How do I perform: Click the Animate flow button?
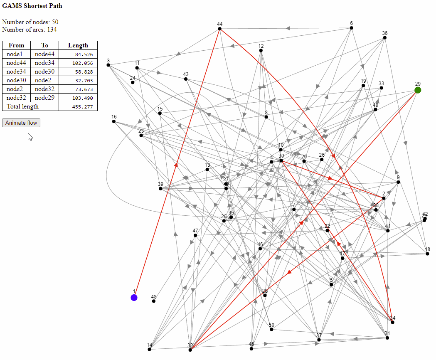click(x=21, y=123)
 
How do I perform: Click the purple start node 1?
click(x=134, y=297)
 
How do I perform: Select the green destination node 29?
click(x=418, y=90)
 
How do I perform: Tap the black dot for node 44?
click(x=219, y=29)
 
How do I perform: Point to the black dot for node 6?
click(x=351, y=28)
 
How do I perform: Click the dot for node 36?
click(x=385, y=38)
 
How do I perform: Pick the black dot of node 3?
click(x=108, y=65)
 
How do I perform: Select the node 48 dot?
click(x=154, y=301)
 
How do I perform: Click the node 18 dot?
click(x=427, y=254)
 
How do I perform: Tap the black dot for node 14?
click(x=149, y=349)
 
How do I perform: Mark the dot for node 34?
click(x=393, y=322)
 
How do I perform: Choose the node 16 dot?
click(x=114, y=121)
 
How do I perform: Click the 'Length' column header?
click(x=78, y=45)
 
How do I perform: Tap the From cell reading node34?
click(x=16, y=72)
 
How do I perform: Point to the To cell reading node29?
click(x=44, y=98)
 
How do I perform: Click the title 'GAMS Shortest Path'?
click(x=32, y=6)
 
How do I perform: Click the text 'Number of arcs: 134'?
click(x=30, y=30)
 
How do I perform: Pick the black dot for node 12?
click(x=261, y=51)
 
